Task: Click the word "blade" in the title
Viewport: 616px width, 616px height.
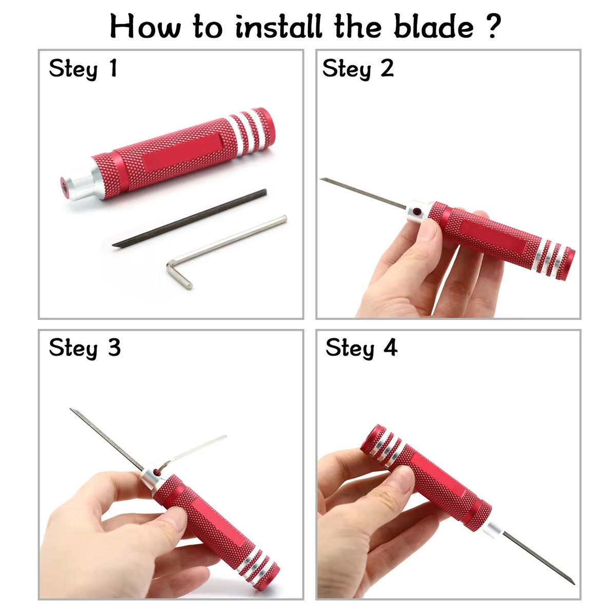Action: click(433, 26)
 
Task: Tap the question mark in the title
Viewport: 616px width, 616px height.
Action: click(494, 26)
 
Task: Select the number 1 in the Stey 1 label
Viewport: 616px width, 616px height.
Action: click(113, 68)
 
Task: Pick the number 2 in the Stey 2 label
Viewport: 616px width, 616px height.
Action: click(387, 68)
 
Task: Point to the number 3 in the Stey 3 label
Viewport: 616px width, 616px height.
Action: click(114, 348)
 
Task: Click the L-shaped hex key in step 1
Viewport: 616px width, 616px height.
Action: click(224, 238)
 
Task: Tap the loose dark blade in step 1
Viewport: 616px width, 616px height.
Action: click(189, 218)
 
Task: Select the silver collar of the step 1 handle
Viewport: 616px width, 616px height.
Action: click(84, 182)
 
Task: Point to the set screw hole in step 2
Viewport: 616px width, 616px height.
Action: click(417, 211)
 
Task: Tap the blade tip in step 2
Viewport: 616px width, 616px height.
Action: click(321, 179)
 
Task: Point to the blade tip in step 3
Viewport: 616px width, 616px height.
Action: click(71, 409)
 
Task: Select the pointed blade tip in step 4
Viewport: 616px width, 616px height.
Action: click(574, 584)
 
